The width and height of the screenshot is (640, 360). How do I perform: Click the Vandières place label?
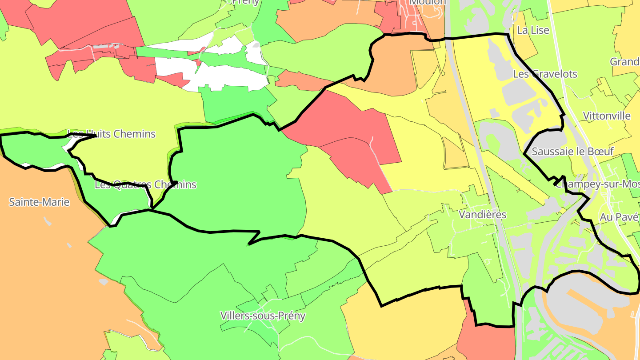point(482,215)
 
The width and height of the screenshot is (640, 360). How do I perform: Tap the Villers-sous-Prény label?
point(263,316)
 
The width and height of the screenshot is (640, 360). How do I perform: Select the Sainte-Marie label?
point(39,202)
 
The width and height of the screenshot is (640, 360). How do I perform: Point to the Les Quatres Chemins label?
point(145,184)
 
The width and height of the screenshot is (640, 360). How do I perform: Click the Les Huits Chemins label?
point(112,134)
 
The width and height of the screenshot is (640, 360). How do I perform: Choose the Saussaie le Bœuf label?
point(572,151)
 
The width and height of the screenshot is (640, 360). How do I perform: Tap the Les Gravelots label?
point(545,74)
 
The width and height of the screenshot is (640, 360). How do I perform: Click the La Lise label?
point(533,30)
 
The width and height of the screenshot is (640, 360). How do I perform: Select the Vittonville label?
point(607,116)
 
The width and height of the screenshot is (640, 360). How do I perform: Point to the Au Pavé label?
point(619,217)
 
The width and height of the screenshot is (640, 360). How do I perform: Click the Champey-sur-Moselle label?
point(598,184)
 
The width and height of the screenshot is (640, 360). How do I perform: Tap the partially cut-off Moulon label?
point(427,2)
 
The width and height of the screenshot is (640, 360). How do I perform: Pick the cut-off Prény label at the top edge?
point(245,2)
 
